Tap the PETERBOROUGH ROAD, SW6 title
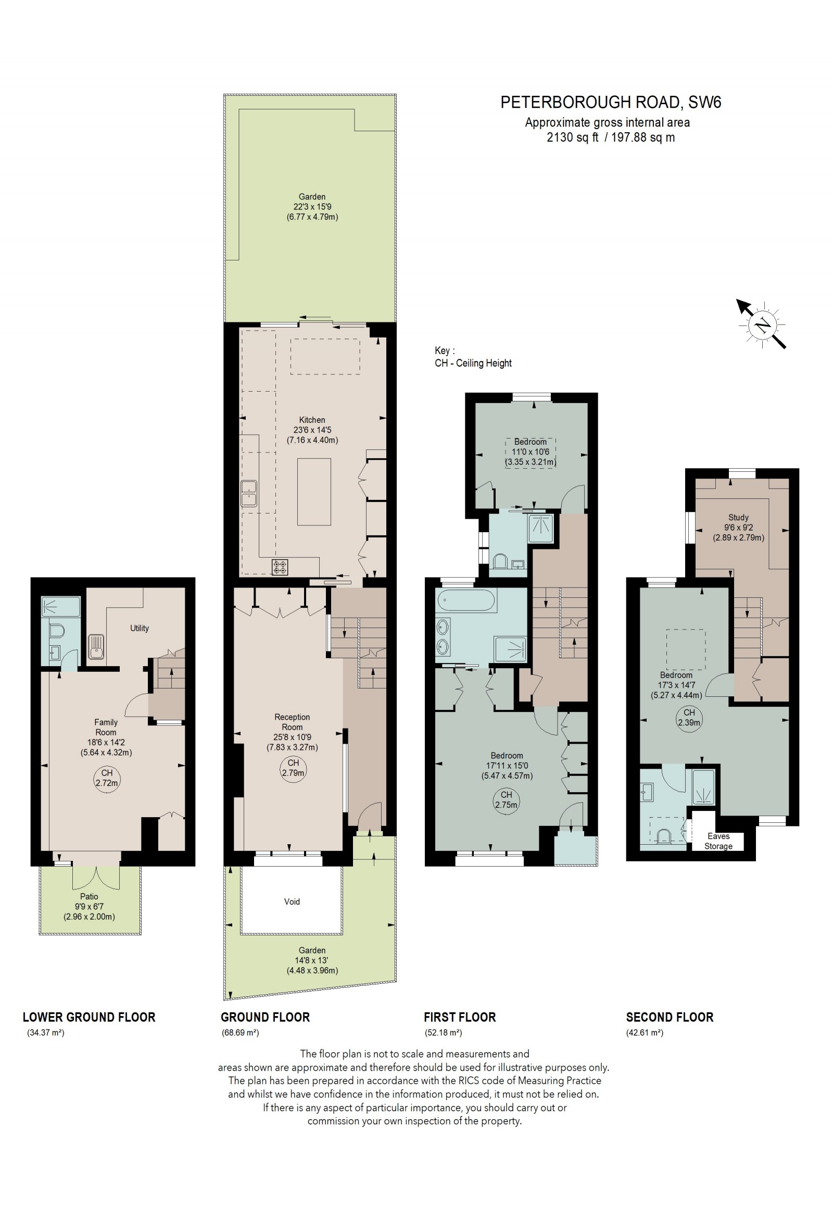[x=610, y=103]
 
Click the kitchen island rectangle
[x=313, y=492]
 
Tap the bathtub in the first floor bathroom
[x=465, y=600]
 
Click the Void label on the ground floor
[x=292, y=901]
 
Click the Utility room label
[x=139, y=628]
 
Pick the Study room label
[x=738, y=517]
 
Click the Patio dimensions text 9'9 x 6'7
[x=89, y=907]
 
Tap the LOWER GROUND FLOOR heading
[x=89, y=1018]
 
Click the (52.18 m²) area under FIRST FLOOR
[x=443, y=1033]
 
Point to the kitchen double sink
[x=249, y=493]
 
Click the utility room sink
[x=96, y=646]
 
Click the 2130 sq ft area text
[x=572, y=137]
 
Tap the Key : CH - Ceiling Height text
[x=472, y=357]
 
